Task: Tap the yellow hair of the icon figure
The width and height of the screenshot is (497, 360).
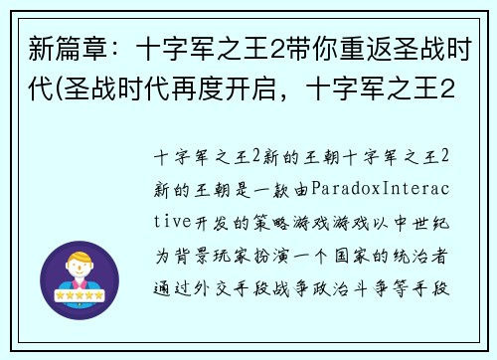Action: [83, 258]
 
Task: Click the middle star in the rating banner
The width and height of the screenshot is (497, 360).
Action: [83, 295]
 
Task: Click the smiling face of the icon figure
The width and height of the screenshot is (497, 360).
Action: [83, 270]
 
